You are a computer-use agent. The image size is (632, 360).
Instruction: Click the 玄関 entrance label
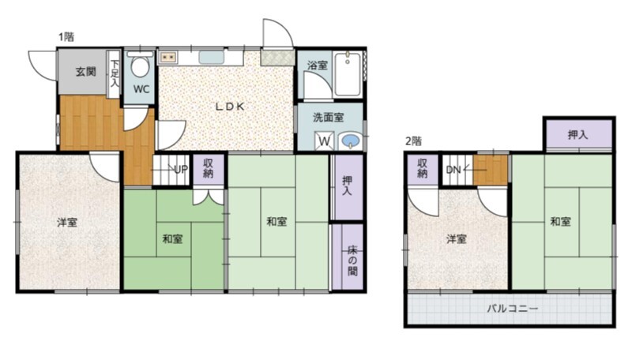coord(86,72)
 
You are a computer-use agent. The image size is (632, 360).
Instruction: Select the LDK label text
coord(230,107)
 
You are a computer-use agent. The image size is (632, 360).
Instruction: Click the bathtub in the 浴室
coord(348,74)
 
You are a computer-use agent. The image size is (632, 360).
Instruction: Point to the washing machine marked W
coord(325,141)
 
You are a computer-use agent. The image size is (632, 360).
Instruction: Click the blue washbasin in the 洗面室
coord(350,141)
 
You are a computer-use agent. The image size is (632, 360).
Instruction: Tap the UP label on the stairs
coord(181,169)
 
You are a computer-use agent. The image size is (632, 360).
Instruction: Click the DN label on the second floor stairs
coord(453,170)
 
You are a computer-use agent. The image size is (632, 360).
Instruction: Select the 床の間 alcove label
coord(352,261)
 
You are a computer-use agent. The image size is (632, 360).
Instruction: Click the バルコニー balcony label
coord(512,309)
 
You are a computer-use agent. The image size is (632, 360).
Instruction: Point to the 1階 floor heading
coord(66,37)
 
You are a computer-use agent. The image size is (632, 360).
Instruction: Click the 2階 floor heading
coord(413,141)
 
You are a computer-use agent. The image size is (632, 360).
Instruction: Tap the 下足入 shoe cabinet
coord(114,73)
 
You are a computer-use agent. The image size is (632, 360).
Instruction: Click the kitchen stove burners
coord(168,58)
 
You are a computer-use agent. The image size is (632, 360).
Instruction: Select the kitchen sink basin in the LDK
coord(211,58)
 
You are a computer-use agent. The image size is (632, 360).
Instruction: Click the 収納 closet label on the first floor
coord(209,168)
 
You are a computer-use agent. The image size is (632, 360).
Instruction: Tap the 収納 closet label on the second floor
coord(422,168)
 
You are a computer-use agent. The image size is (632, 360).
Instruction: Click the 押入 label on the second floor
coord(577,135)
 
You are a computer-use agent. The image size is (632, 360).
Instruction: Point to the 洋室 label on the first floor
coord(67,222)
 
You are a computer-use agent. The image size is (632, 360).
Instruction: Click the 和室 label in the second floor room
coord(561,221)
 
